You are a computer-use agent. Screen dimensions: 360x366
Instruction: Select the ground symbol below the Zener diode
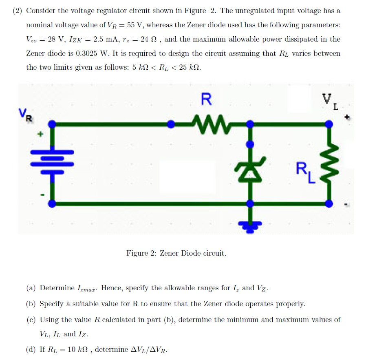[251, 225]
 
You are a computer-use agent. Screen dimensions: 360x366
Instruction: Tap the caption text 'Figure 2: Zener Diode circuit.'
[176, 253]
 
